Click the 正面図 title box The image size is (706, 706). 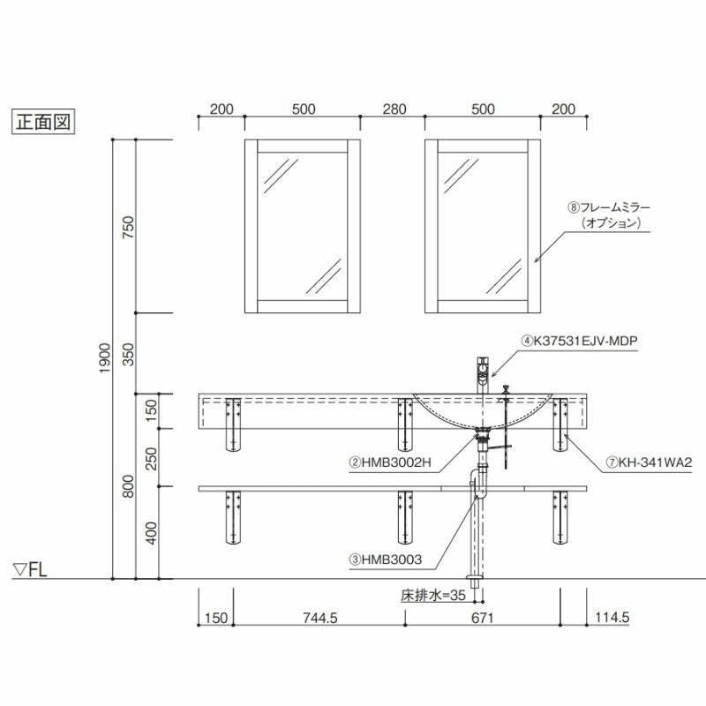(42, 122)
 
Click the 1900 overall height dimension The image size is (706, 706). (104, 358)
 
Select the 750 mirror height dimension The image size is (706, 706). (128, 228)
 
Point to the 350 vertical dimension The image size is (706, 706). (128, 355)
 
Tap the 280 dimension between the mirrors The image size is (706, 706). (394, 109)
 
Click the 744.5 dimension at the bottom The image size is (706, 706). (320, 618)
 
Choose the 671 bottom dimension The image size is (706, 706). (482, 618)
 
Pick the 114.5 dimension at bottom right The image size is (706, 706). (612, 617)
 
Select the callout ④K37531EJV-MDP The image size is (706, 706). (580, 341)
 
